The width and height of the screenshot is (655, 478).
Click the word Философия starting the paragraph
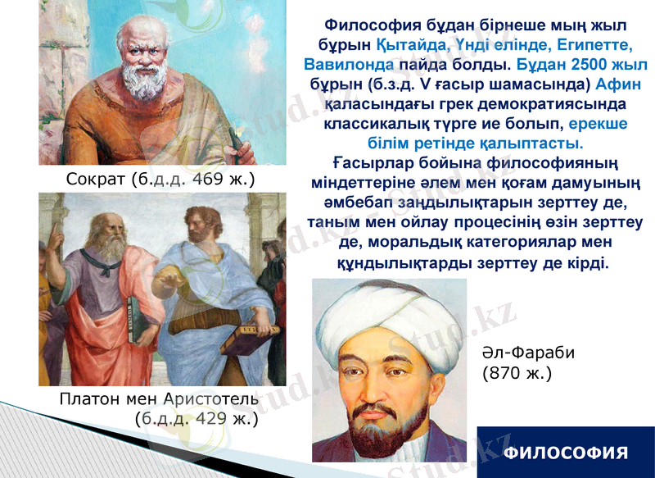coord(364,25)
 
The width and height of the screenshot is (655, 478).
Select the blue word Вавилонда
coord(348,64)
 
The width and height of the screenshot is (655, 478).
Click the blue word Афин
coord(619,84)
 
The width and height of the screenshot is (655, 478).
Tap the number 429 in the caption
coord(210,419)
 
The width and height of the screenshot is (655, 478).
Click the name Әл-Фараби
coord(529,353)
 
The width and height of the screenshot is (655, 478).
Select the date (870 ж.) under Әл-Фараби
coord(517,373)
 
